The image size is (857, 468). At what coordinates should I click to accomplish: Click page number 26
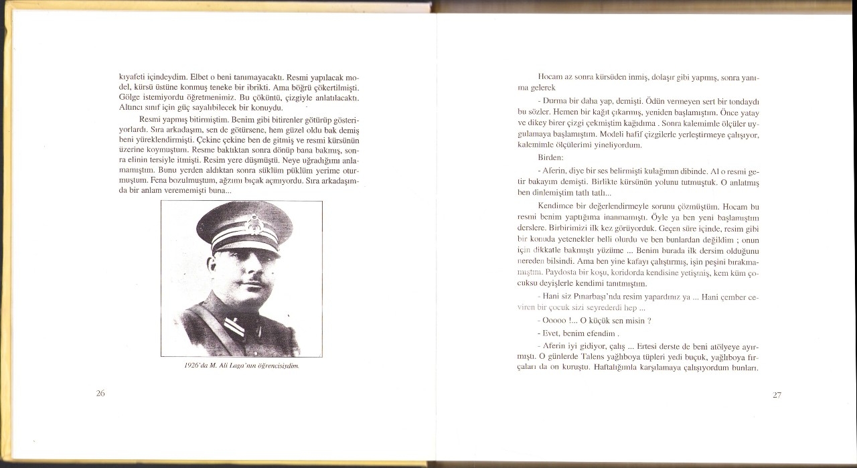coord(100,393)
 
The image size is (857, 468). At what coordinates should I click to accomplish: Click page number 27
coord(777,394)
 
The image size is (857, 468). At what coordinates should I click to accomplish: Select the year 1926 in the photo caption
coord(191,366)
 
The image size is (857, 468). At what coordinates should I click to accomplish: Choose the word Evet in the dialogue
coord(550,333)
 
